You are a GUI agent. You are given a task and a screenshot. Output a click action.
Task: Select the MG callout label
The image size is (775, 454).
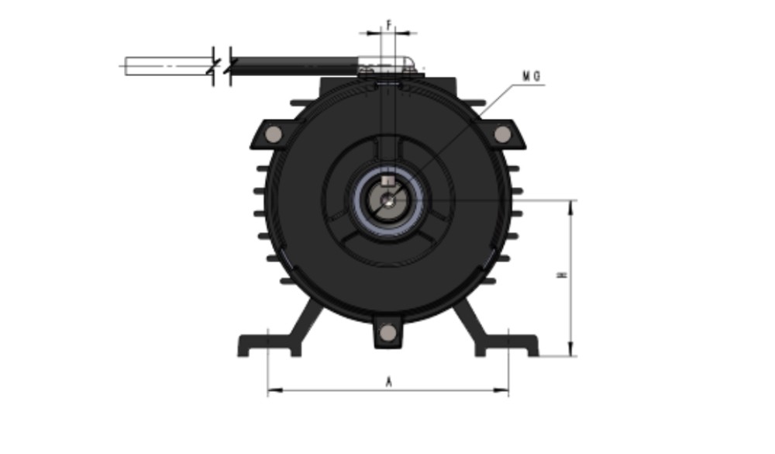(531, 76)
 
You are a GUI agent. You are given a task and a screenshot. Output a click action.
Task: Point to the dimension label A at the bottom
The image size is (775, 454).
(388, 381)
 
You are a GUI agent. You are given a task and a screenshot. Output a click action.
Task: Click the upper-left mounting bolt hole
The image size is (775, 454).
(273, 135)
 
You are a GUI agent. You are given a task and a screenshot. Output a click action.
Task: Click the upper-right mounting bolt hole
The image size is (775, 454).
(502, 135)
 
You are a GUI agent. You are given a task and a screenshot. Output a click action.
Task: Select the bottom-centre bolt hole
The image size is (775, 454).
(388, 333)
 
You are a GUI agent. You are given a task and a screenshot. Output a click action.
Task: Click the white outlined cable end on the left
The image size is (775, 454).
(167, 66)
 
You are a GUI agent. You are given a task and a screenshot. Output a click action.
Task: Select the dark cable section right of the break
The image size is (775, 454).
(294, 66)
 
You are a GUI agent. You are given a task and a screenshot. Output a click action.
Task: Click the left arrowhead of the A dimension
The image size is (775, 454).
(271, 390)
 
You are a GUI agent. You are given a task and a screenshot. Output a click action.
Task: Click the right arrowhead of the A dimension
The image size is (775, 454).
(505, 390)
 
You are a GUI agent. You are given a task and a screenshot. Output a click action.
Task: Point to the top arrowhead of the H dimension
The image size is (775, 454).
(571, 204)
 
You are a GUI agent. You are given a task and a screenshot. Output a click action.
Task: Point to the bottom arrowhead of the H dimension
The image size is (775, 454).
(571, 352)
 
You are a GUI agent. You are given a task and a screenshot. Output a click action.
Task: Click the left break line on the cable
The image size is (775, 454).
(213, 66)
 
